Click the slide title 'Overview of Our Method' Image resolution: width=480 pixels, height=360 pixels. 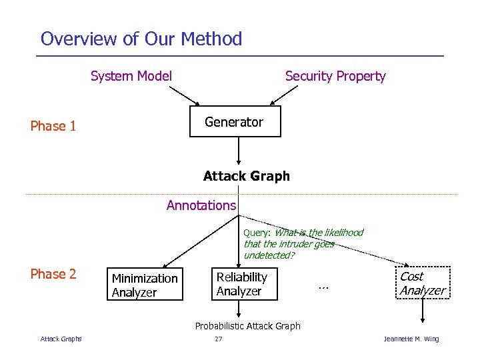tap(141, 39)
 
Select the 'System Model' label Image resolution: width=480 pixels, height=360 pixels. tap(131, 76)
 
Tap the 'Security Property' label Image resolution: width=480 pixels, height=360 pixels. tap(335, 76)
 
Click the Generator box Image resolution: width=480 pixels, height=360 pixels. tap(235, 121)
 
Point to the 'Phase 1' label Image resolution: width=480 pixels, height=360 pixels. tap(53, 126)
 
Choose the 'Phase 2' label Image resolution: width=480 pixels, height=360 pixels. tap(53, 274)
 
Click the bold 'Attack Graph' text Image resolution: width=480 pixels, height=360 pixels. tap(247, 176)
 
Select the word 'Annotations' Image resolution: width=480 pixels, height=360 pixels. tap(201, 205)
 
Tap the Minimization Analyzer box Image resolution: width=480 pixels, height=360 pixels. tap(145, 285)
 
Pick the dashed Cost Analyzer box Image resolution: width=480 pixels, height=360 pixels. tap(422, 283)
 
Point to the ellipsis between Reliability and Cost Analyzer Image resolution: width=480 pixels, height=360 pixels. tap(324, 285)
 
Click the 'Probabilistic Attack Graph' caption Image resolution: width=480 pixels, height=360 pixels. tap(247, 326)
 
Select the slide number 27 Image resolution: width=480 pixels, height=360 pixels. tap(219, 339)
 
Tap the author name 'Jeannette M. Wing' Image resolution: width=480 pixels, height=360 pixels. tap(411, 339)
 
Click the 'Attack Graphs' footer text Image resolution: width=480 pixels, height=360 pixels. tap(61, 339)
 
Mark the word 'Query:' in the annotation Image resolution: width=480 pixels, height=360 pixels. tap(257, 233)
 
